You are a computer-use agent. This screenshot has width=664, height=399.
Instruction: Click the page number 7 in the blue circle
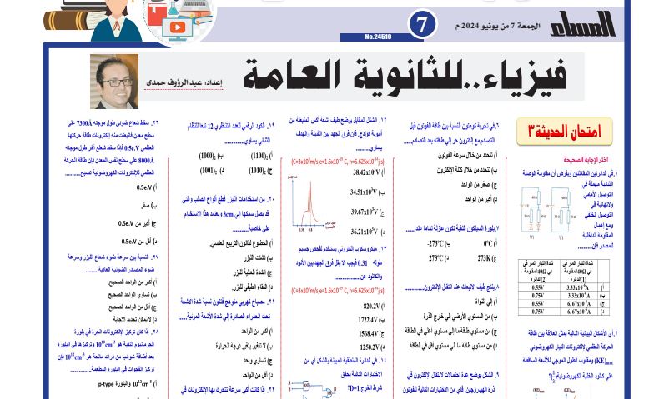click(x=423, y=25)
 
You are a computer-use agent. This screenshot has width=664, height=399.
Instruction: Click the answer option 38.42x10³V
click(x=365, y=172)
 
